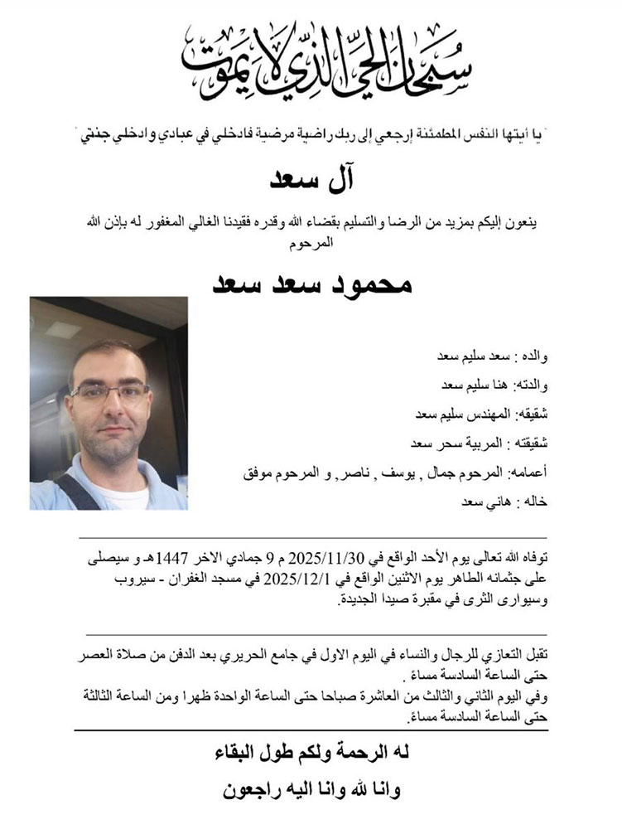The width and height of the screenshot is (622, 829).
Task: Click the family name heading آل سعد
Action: [311, 179]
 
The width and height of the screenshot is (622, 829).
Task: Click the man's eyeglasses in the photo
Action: [110, 391]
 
